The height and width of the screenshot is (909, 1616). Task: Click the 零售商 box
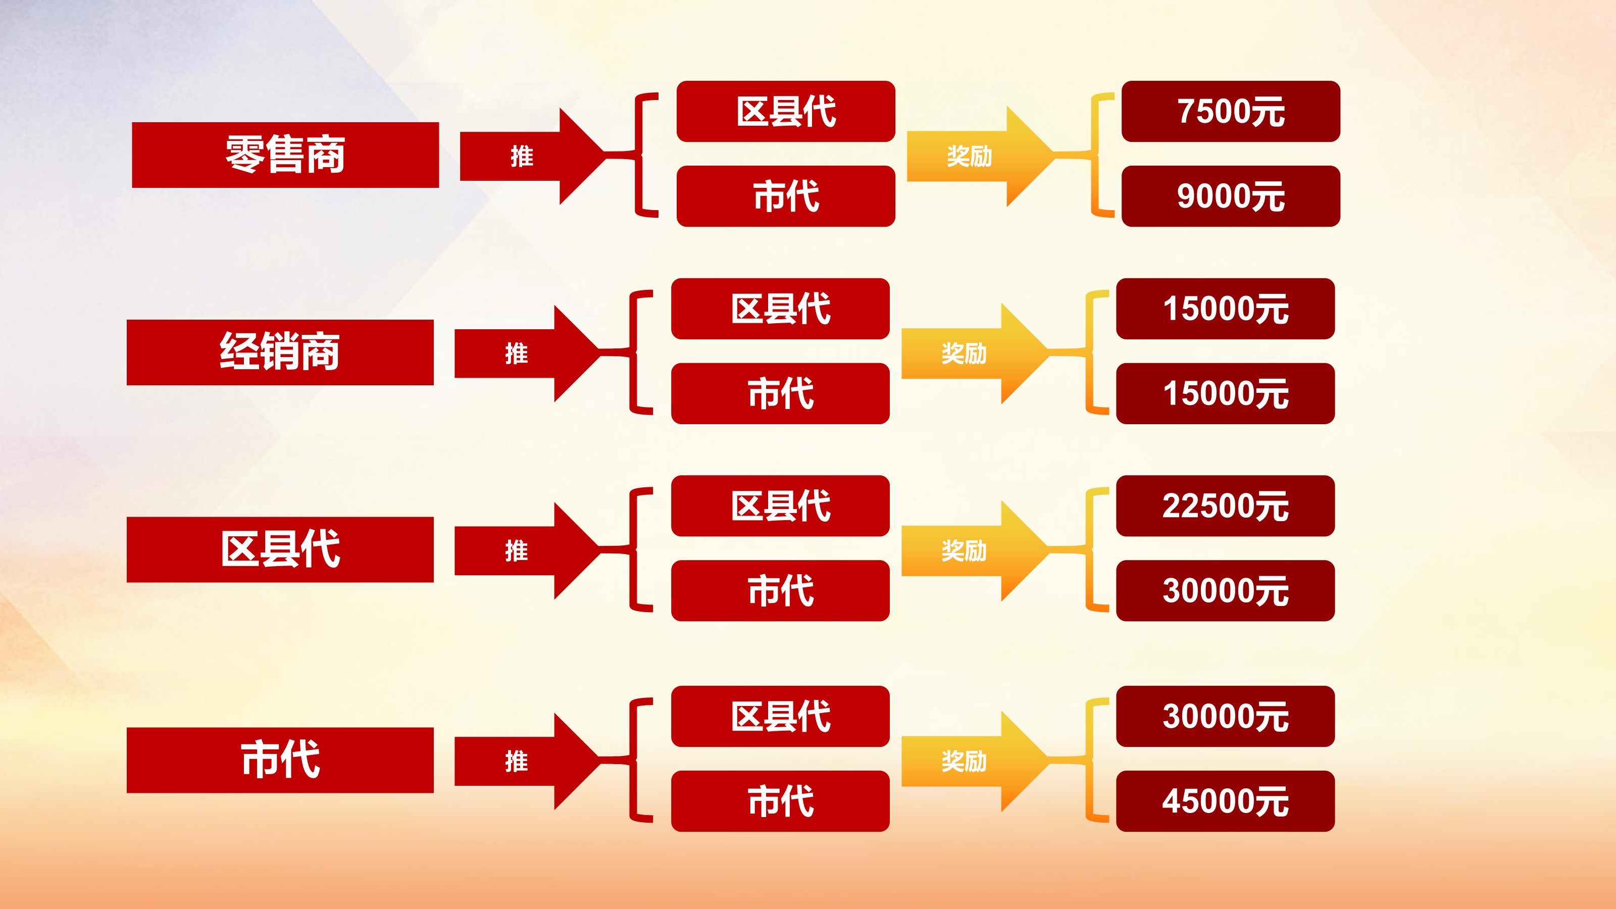click(285, 155)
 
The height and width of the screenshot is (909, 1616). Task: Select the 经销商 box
click(280, 352)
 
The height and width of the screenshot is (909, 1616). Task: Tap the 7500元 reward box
click(1230, 112)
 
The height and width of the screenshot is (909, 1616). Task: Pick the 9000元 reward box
click(1230, 196)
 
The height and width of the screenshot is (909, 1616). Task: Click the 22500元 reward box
click(1225, 506)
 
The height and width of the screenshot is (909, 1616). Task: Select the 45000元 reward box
click(1225, 801)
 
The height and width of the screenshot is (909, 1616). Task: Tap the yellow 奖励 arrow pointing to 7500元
click(976, 156)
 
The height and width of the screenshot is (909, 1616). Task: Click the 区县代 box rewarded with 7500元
click(785, 112)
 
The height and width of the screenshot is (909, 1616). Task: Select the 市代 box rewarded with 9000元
click(785, 196)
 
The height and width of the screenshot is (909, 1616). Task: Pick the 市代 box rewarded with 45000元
click(780, 801)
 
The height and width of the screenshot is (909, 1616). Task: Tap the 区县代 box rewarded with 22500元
click(780, 506)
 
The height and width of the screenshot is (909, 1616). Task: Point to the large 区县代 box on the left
click(280, 549)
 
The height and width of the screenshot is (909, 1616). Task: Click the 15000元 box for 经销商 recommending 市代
click(1225, 393)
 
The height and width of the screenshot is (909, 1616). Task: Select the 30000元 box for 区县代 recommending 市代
click(1225, 590)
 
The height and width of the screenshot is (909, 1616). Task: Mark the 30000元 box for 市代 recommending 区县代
click(1225, 717)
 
